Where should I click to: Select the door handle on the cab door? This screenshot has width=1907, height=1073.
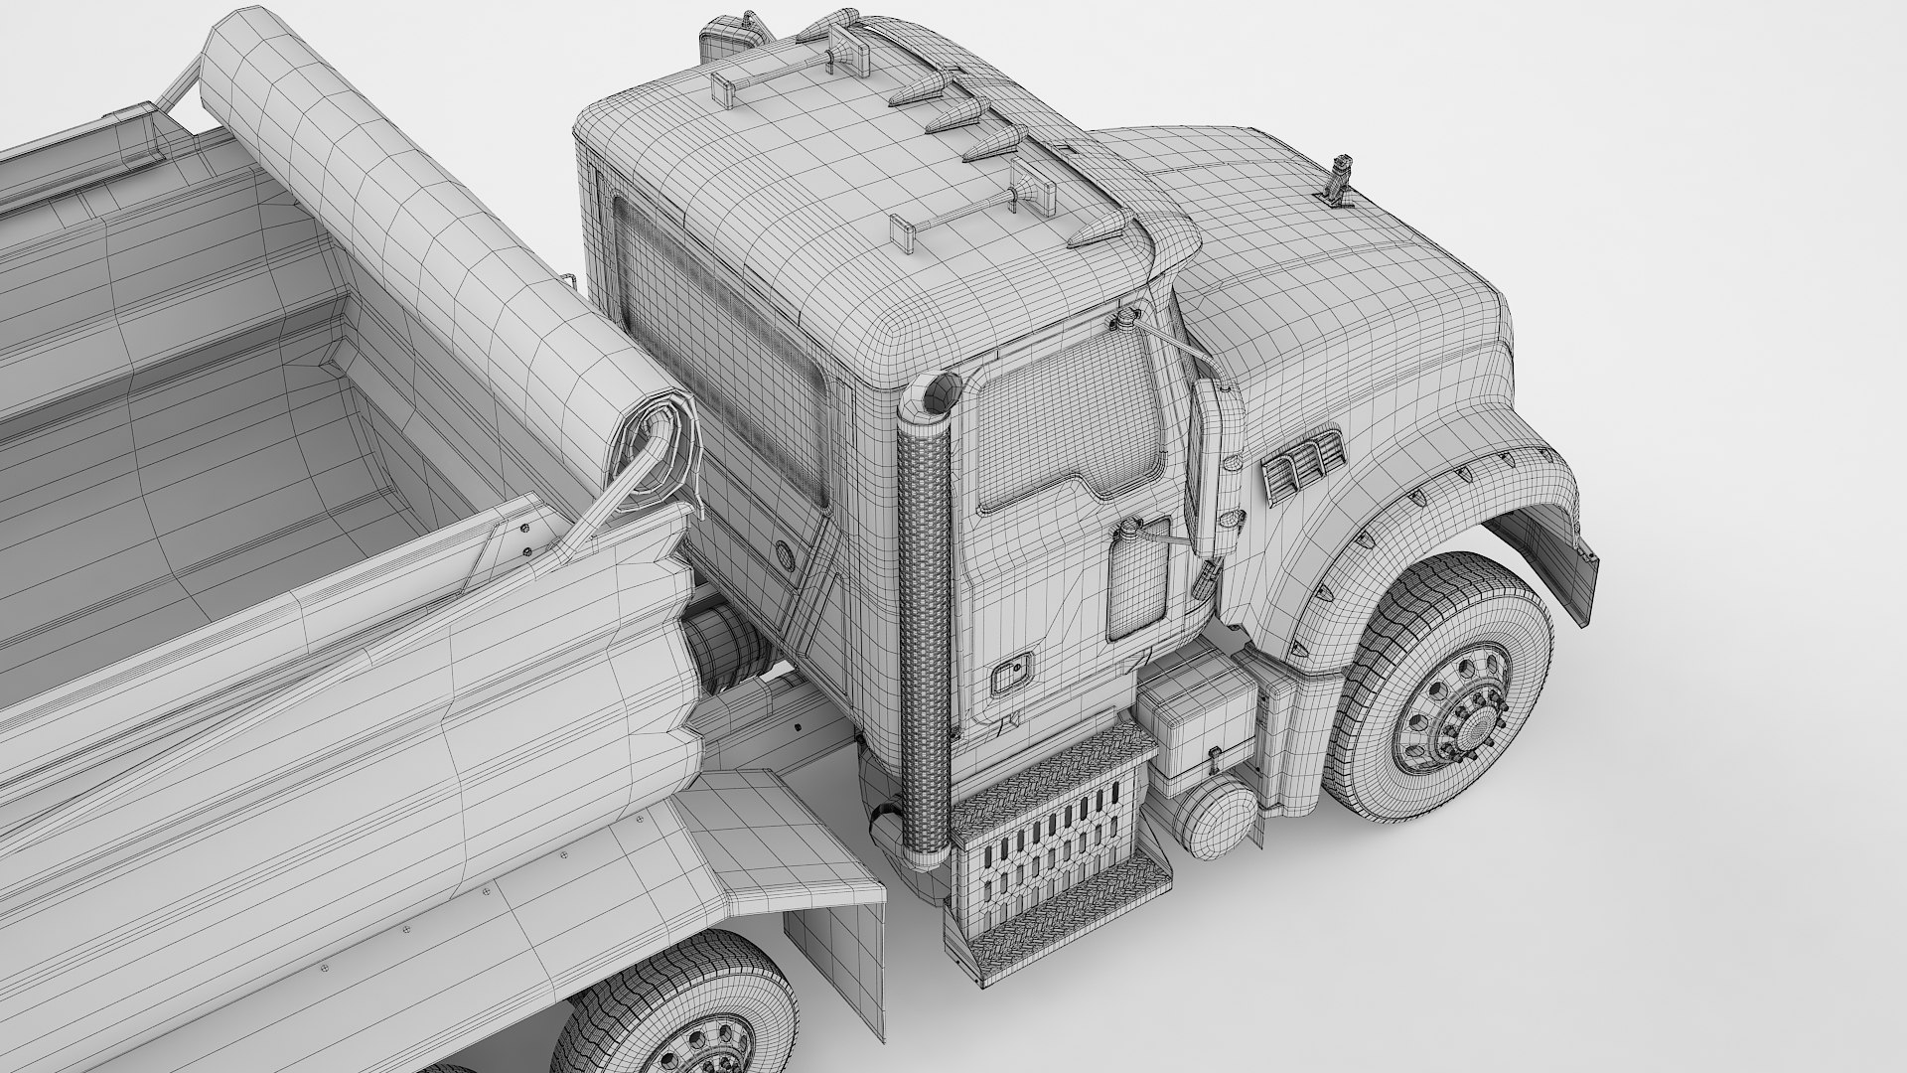coord(1012,678)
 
